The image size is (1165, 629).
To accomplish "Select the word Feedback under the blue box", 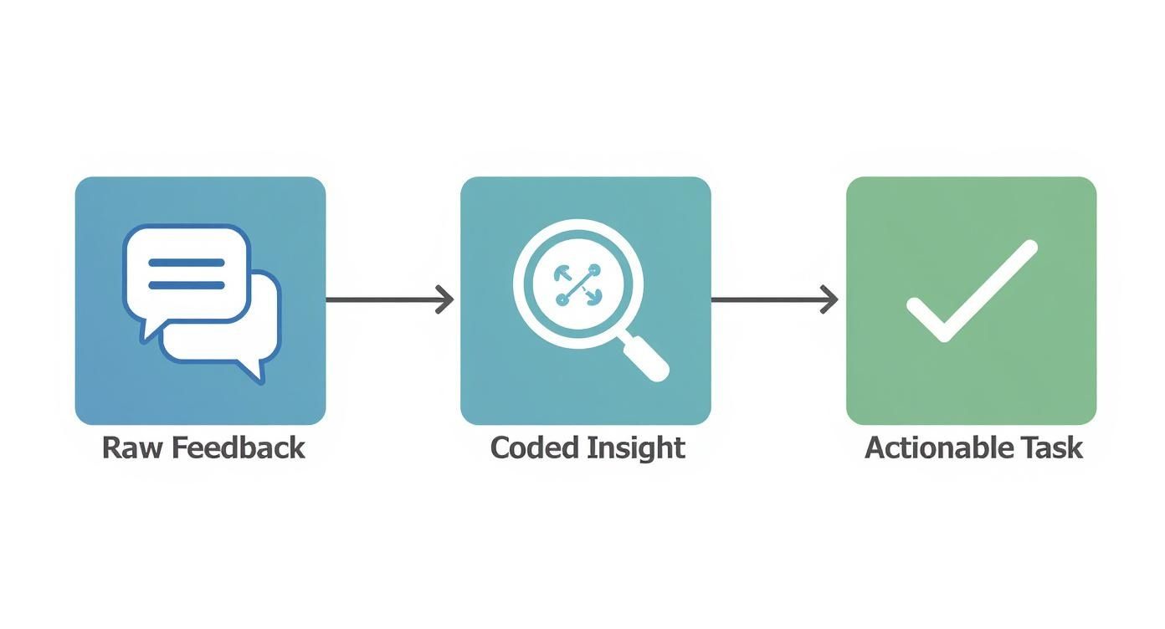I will point(238,447).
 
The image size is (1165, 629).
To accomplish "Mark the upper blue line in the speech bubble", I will point(186,263).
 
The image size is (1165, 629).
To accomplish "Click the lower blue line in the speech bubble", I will point(186,285).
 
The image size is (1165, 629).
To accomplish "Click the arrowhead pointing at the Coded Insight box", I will point(446,299).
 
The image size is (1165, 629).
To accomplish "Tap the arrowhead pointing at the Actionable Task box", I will point(830,299).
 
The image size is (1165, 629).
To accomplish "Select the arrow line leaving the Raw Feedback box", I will point(381,299).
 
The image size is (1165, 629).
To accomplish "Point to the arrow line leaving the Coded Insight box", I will point(766,299).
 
